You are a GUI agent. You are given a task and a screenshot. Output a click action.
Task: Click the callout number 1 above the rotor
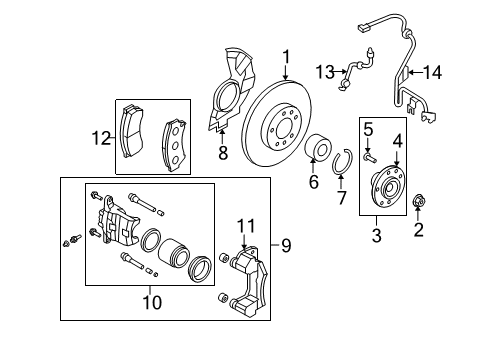pyautogui.click(x=286, y=57)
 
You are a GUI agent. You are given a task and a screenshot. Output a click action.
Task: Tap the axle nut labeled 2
pyautogui.click(x=418, y=201)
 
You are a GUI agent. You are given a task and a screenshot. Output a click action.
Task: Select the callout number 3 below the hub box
pyautogui.click(x=376, y=235)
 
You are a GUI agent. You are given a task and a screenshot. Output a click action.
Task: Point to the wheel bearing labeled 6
pyautogui.click(x=319, y=148)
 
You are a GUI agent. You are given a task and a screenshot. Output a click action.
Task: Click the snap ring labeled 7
pyautogui.click(x=342, y=162)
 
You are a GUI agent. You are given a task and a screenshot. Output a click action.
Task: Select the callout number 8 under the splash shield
pyautogui.click(x=223, y=153)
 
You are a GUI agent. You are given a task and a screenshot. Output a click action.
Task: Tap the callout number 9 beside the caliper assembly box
pyautogui.click(x=286, y=246)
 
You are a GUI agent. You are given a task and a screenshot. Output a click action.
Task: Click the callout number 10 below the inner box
pyautogui.click(x=152, y=302)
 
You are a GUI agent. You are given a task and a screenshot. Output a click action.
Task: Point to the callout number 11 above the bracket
pyautogui.click(x=246, y=226)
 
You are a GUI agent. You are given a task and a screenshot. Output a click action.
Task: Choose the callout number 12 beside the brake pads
pyautogui.click(x=101, y=138)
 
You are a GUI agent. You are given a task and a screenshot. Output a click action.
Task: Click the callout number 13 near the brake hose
pyautogui.click(x=325, y=72)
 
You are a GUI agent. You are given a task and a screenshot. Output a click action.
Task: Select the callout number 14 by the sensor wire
pyautogui.click(x=432, y=72)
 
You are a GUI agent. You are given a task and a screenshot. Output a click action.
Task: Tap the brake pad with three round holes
pyautogui.click(x=174, y=146)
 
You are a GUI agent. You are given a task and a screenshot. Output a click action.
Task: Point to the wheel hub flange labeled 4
pyautogui.click(x=388, y=186)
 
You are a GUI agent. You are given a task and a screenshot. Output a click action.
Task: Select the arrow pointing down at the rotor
pyautogui.click(x=286, y=72)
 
